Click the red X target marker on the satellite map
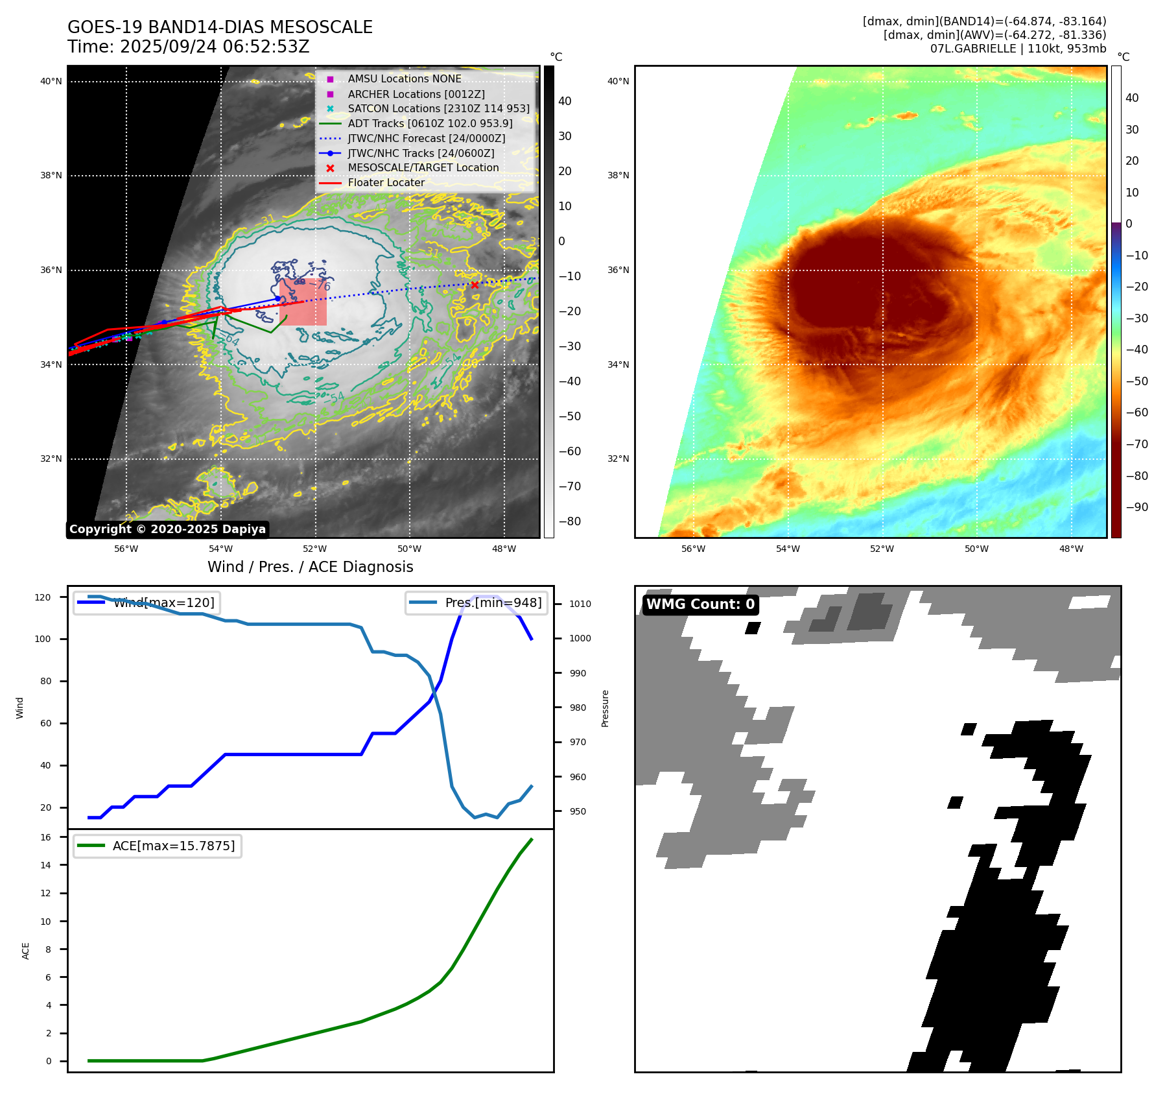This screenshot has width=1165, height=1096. pyautogui.click(x=475, y=285)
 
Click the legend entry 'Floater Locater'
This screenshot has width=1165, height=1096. pyautogui.click(x=386, y=183)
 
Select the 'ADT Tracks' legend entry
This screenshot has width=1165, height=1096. pyautogui.click(x=430, y=123)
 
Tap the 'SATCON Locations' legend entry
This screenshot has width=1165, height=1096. pyautogui.click(x=438, y=108)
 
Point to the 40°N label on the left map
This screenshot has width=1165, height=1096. pyautogui.click(x=51, y=82)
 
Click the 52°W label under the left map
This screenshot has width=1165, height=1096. pyautogui.click(x=315, y=549)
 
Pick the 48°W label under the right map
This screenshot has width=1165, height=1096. pyautogui.click(x=1071, y=549)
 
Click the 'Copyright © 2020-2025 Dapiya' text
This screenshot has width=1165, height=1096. pyautogui.click(x=167, y=529)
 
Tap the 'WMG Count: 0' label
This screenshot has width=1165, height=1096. pyautogui.click(x=700, y=604)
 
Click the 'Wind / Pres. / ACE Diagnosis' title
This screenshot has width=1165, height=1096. pyautogui.click(x=310, y=567)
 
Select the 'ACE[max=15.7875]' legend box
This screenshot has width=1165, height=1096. pyautogui.click(x=158, y=846)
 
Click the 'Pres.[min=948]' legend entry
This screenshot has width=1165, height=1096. pyautogui.click(x=477, y=602)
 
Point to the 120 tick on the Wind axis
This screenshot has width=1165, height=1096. pyautogui.click(x=43, y=597)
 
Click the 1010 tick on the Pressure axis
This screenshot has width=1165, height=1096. pyautogui.click(x=580, y=604)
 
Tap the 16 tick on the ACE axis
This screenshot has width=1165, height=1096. pyautogui.click(x=46, y=837)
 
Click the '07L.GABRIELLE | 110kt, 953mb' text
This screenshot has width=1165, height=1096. pyautogui.click(x=1018, y=49)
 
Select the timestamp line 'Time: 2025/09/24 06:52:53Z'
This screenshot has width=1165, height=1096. pyautogui.click(x=189, y=47)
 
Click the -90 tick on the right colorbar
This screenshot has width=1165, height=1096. pyautogui.click(x=1136, y=507)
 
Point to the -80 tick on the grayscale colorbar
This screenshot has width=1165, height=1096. pyautogui.click(x=569, y=521)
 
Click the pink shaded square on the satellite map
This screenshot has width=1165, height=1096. pyautogui.click(x=303, y=303)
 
